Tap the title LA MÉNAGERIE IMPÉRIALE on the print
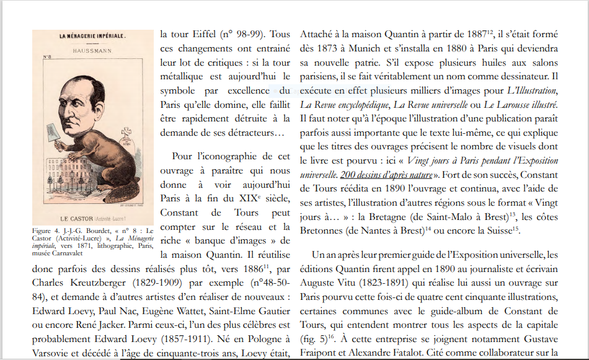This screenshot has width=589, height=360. click(92, 36)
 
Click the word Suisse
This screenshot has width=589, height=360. click(494, 230)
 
